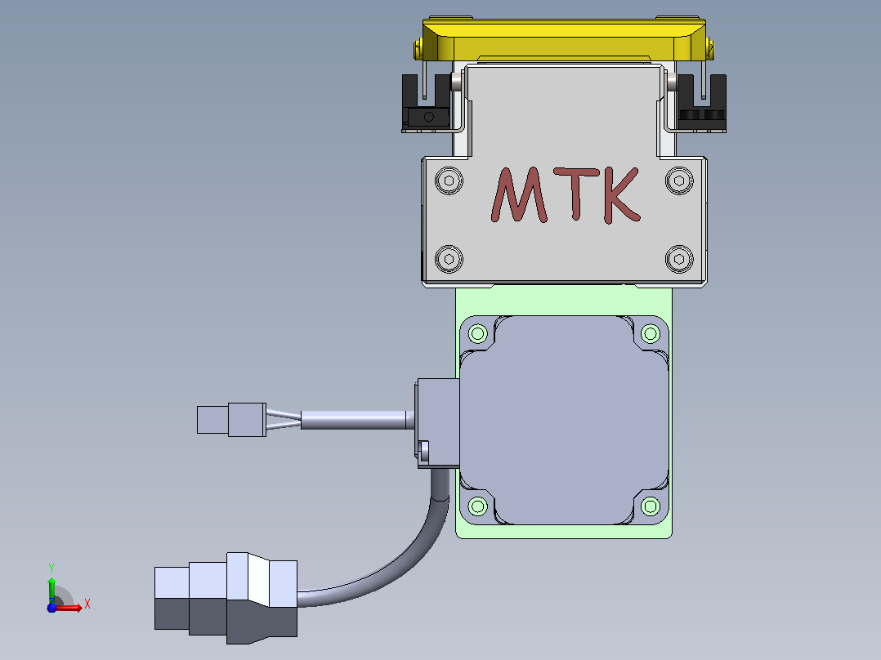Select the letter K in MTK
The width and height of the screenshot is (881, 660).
(x=621, y=195)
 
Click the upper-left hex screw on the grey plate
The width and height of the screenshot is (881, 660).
(x=449, y=181)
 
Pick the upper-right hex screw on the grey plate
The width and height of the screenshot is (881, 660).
(x=679, y=181)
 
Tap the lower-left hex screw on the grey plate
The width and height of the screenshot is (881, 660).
(x=449, y=259)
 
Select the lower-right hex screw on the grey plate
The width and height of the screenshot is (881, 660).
(x=679, y=259)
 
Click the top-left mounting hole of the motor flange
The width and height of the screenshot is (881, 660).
(x=477, y=333)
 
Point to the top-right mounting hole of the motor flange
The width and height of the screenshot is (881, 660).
(x=651, y=333)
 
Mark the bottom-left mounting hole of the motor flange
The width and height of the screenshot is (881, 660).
(x=477, y=506)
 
